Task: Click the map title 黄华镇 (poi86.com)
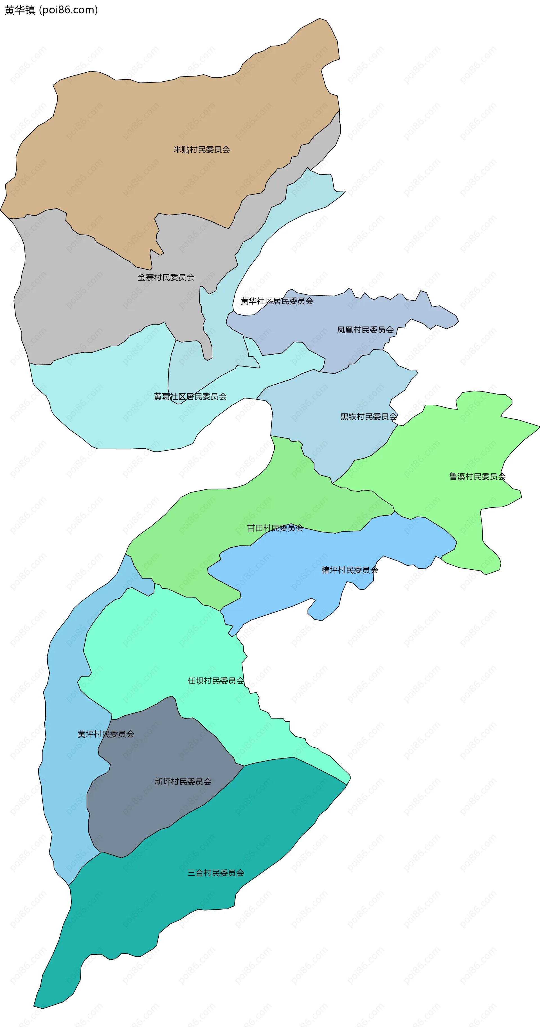(51, 10)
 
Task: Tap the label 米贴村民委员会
(202, 149)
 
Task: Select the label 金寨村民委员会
(166, 277)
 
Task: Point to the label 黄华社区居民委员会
(277, 301)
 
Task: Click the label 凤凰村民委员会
(365, 330)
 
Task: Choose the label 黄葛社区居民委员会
(190, 396)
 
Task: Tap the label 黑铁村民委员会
(369, 417)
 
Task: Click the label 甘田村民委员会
(275, 528)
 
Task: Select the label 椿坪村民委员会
(350, 570)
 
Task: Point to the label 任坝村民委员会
(216, 681)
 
